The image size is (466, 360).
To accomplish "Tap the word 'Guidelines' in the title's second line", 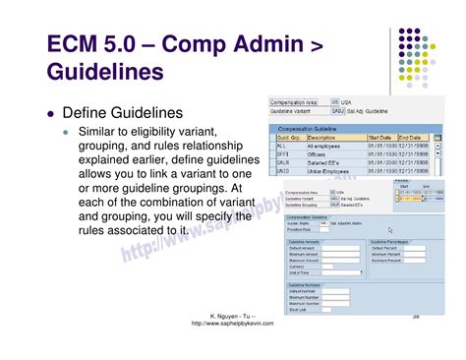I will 104,73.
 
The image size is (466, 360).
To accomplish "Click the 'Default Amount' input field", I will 340,247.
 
